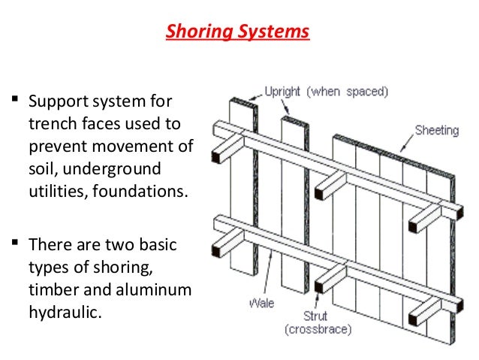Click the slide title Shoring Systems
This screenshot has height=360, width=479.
[237, 33]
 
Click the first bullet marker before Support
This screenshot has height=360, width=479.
[14, 99]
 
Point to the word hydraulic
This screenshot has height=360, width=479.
[63, 311]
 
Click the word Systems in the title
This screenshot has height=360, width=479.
[276, 33]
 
